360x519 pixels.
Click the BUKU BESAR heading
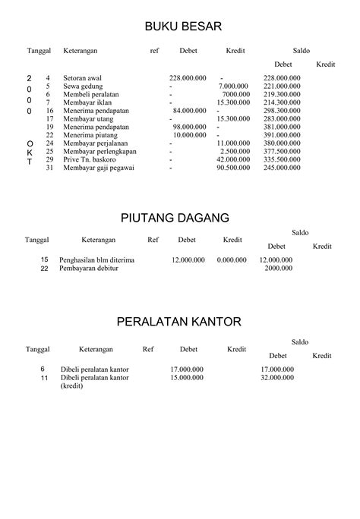(x=183, y=27)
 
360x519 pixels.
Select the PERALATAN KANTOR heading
(x=179, y=322)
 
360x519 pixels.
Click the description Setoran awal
(x=84, y=78)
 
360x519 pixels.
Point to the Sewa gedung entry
(x=83, y=86)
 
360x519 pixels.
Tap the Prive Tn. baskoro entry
(x=90, y=159)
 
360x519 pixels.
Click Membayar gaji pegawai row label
(x=95, y=168)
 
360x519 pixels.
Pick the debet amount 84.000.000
(x=190, y=110)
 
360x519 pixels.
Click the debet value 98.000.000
(x=190, y=127)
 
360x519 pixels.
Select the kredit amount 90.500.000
(x=233, y=168)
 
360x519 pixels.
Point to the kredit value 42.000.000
(x=233, y=159)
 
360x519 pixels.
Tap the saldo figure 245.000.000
(x=282, y=168)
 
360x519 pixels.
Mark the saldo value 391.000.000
(x=282, y=134)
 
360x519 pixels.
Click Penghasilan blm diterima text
(x=97, y=260)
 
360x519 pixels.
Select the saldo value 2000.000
(x=279, y=269)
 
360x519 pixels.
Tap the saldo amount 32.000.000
(x=276, y=377)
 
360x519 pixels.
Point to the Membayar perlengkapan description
(x=96, y=151)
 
